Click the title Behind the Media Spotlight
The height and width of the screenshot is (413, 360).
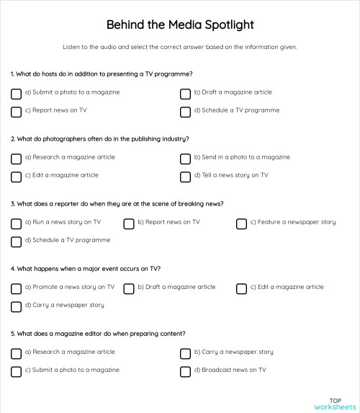coord(180,25)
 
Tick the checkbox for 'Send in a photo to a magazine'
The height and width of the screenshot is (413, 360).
coord(186,158)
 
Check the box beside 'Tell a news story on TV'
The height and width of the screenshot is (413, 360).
coord(186,176)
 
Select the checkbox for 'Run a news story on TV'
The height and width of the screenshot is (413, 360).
coord(17,223)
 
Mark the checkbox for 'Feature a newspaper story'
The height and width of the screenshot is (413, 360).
coord(242,223)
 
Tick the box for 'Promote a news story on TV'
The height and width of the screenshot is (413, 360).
coord(17,288)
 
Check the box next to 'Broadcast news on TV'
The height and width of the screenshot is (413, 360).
coord(186,371)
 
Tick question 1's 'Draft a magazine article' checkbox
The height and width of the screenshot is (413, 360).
coord(186,94)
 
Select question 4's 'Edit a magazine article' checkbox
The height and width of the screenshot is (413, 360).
coord(242,288)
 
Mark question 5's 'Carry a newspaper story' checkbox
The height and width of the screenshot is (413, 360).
coord(186,353)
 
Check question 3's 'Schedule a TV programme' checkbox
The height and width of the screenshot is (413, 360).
coord(17,241)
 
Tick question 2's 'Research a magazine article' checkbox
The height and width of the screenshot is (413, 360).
coord(17,158)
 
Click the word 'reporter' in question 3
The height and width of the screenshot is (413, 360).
coord(68,203)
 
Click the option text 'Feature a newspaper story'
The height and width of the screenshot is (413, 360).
coord(293,222)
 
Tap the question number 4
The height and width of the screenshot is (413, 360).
coord(13,269)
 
